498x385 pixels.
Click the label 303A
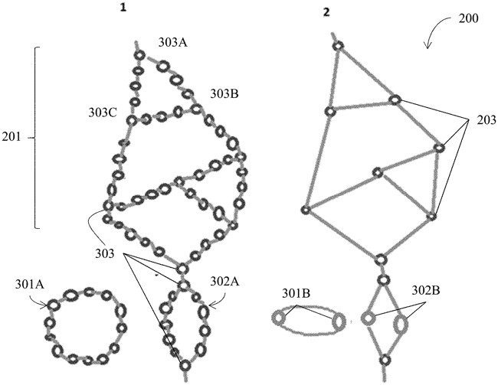pos(173,43)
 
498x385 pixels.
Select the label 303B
pos(224,94)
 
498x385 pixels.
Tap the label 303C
pos(103,113)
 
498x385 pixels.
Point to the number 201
pos(11,137)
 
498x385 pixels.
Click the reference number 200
pos(468,18)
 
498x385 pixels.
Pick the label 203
pos(487,120)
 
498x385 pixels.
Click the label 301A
pos(30,285)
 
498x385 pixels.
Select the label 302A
pos(224,282)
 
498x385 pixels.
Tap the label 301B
pos(297,294)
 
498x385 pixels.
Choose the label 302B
pos(426,290)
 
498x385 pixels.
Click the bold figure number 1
pos(123,8)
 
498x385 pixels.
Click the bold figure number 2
pos(326,12)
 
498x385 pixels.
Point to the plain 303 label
pos(104,253)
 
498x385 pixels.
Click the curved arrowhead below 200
pos(428,47)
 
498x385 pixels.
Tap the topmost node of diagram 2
pos(338,46)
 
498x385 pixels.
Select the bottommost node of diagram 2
pos(385,361)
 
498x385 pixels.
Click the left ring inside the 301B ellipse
pos(279,318)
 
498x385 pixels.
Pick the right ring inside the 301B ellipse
pos(339,321)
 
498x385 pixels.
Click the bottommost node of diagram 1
pos(185,365)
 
